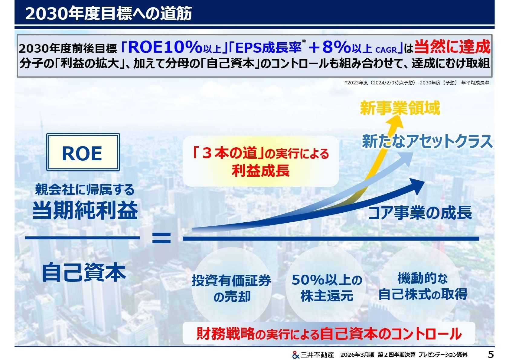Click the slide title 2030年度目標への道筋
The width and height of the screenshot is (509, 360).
coord(108,14)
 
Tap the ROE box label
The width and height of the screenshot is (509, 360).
coord(82,153)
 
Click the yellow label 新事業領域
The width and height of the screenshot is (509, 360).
coord(400,108)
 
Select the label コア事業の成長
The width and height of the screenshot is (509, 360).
coord(420,212)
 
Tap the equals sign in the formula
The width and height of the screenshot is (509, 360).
coord(161,238)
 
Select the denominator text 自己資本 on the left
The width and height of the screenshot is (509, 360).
coord(84,272)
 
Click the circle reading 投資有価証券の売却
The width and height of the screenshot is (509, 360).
coord(231,288)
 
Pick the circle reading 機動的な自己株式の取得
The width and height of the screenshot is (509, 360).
coord(423,286)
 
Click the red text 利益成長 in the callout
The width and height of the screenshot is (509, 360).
coord(260,171)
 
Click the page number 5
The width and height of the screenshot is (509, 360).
coord(491,354)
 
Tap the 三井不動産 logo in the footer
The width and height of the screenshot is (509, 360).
coord(313,355)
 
